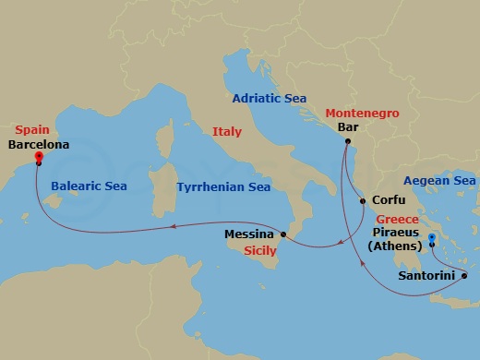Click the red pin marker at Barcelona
click(x=39, y=157)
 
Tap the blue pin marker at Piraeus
click(x=431, y=241)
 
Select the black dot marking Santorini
click(x=464, y=275)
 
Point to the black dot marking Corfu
click(x=363, y=198)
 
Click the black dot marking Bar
click(x=347, y=142)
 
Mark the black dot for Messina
click(x=284, y=235)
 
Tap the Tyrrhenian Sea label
click(x=223, y=186)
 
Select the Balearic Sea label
click(x=90, y=186)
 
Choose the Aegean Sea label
click(x=439, y=181)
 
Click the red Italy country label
click(x=227, y=132)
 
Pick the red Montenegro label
click(x=362, y=113)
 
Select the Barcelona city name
click(x=39, y=145)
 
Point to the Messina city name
click(x=249, y=234)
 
